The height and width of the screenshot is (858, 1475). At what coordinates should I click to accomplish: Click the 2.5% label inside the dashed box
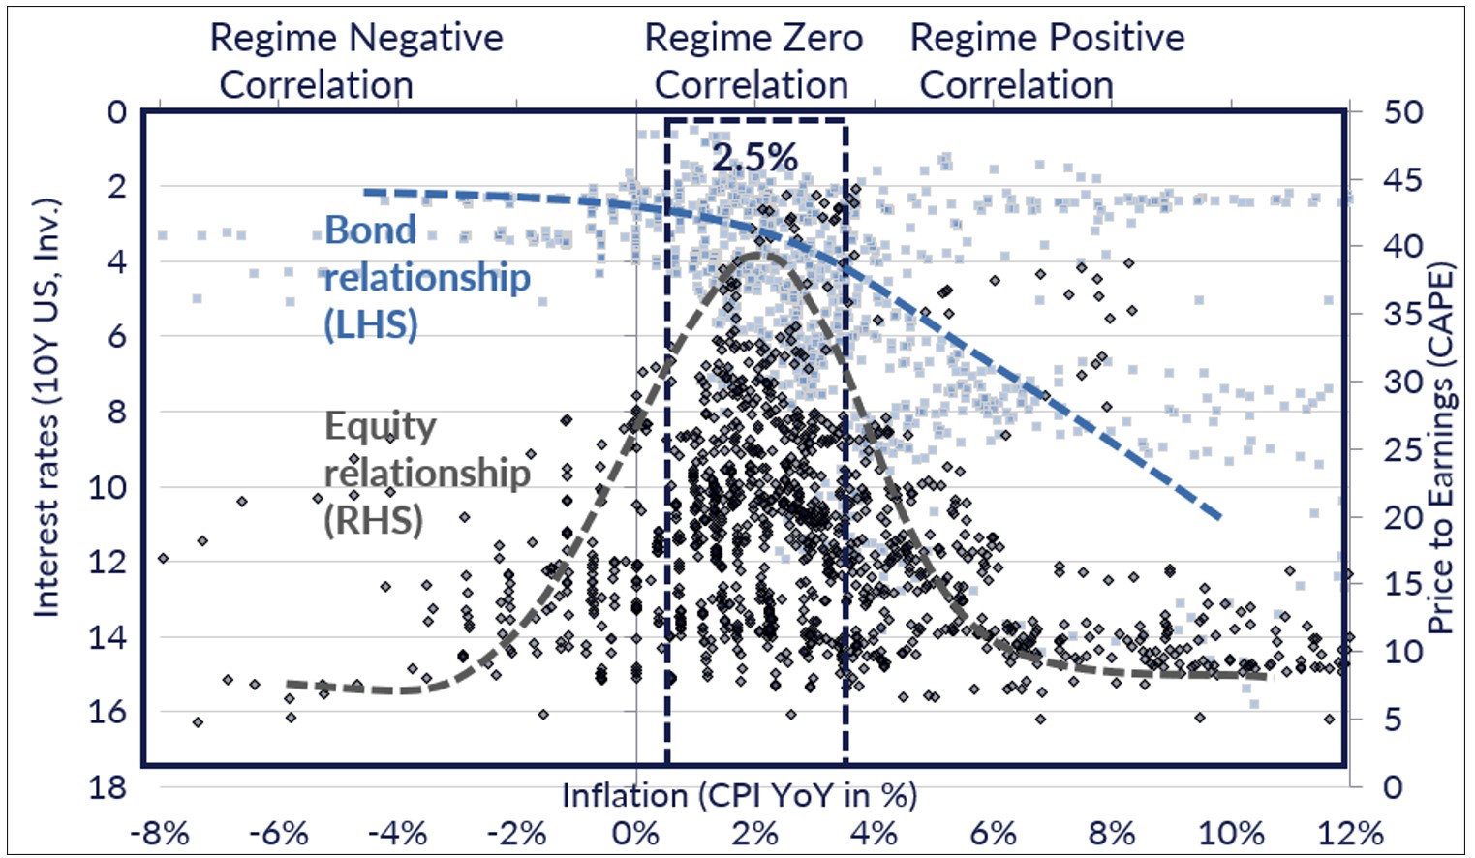754,158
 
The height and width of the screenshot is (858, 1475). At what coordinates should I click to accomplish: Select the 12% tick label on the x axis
1350,833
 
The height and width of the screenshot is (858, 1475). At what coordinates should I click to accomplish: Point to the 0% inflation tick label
635,833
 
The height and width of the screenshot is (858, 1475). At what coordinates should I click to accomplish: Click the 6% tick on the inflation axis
993,833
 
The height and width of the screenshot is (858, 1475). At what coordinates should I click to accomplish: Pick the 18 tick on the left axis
108,786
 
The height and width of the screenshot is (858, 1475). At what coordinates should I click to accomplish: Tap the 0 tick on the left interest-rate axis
116,112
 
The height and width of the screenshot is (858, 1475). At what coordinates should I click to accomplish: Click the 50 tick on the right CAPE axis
1402,112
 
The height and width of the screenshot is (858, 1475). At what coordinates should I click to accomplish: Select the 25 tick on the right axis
1402,449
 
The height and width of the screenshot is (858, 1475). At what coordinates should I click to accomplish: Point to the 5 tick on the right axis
1393,720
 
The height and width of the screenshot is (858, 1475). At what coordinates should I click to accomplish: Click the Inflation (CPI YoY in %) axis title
739,795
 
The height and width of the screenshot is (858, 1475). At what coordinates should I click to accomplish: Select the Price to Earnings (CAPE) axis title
1442,448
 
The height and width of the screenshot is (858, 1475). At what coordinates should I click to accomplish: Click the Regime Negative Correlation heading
355,61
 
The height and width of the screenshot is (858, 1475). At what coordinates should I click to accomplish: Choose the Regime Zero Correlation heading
753,61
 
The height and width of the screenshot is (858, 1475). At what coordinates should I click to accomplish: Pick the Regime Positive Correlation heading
1046,61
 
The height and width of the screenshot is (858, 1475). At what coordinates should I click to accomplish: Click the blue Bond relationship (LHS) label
426,277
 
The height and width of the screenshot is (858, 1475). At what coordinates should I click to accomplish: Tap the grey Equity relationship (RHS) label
426,473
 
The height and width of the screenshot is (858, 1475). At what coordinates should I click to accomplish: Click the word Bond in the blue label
370,230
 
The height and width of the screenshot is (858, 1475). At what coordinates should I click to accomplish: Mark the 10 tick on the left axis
108,487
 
